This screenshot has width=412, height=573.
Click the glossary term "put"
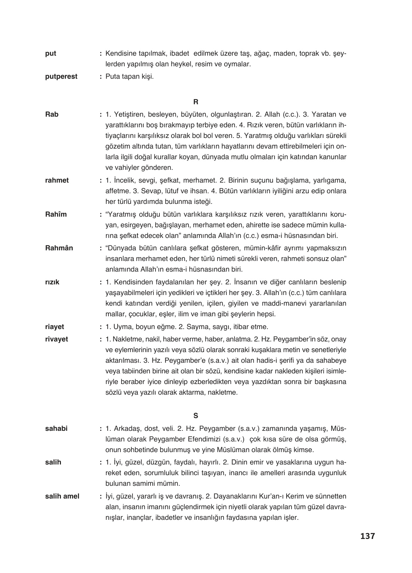(x=51, y=54)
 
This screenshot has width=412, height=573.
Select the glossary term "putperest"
(x=61, y=77)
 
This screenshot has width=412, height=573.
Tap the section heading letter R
(x=196, y=102)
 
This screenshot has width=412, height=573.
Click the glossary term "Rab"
(x=52, y=115)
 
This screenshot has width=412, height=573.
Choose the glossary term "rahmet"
(x=57, y=180)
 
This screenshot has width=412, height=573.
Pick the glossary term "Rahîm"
(x=56, y=214)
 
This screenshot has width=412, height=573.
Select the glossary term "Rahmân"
(x=59, y=248)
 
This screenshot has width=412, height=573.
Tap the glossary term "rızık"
(x=52, y=282)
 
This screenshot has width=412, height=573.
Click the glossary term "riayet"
(x=55, y=327)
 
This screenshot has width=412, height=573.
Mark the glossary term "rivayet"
(x=57, y=339)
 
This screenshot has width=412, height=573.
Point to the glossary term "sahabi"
(x=56, y=428)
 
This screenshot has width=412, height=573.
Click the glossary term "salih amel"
(x=62, y=496)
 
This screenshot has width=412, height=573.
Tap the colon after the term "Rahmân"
(x=101, y=248)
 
